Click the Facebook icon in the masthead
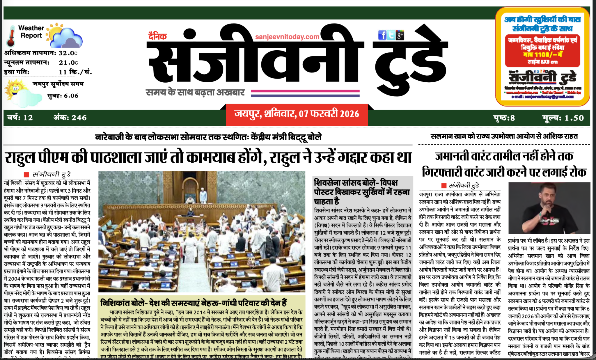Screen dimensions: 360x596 [x=382, y=35]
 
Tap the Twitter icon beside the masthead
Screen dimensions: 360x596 [x=391, y=35]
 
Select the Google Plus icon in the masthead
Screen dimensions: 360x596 [x=400, y=35]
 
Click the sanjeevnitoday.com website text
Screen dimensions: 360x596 [x=287, y=37]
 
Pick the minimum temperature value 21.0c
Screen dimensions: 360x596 [x=68, y=63]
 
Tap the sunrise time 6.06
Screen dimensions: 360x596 [x=71, y=96]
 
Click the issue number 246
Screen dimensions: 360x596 [x=79, y=118]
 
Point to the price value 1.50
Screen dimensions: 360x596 [x=574, y=118]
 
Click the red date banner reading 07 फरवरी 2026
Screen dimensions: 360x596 [x=297, y=114]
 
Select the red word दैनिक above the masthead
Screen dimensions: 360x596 [x=157, y=36]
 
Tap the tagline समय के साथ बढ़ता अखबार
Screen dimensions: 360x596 [x=195, y=93]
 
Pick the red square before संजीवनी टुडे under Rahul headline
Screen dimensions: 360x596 [x=26, y=175]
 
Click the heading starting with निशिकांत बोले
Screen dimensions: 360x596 [x=194, y=303]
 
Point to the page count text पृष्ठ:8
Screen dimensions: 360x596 [x=504, y=118]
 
